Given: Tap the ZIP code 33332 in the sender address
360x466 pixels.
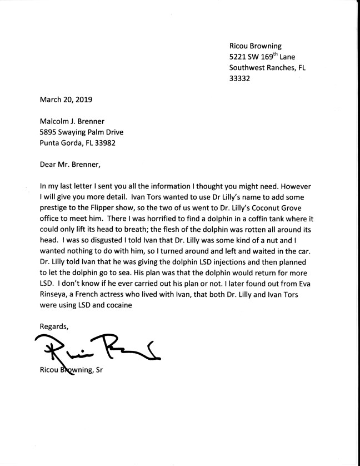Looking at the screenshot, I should point(240,78).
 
